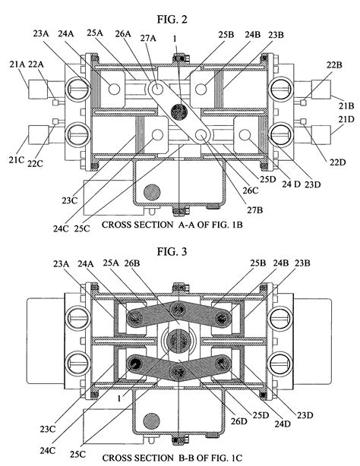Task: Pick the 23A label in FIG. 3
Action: pyautogui.click(x=63, y=263)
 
